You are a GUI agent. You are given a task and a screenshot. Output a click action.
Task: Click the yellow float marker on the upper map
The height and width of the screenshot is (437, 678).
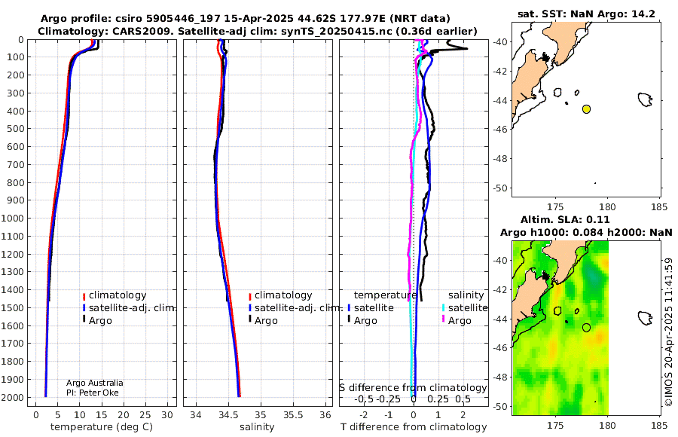pyautogui.click(x=586, y=109)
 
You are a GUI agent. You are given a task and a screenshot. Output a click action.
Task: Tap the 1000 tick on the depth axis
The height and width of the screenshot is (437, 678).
pyautogui.click(x=13, y=218)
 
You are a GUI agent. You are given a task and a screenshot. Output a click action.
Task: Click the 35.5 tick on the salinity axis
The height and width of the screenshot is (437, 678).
pyautogui.click(x=293, y=415)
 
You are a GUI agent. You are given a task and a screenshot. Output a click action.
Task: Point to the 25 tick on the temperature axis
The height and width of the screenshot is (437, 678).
pyautogui.click(x=145, y=415)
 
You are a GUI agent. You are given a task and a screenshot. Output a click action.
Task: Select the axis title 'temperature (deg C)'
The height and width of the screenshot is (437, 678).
pyautogui.click(x=102, y=427)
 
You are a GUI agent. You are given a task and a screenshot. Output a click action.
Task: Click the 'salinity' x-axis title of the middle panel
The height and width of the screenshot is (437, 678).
pyautogui.click(x=257, y=427)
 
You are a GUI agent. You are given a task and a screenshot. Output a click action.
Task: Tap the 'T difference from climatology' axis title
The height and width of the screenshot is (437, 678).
pyautogui.click(x=414, y=427)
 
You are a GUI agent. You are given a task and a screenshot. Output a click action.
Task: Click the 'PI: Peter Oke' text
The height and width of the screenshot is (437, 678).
pyautogui.click(x=93, y=393)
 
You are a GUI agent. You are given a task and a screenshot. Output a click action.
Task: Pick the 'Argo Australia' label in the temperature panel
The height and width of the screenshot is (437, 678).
pyautogui.click(x=95, y=383)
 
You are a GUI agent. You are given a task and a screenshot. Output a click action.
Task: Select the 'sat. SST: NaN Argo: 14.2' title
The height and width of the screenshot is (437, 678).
pyautogui.click(x=586, y=14)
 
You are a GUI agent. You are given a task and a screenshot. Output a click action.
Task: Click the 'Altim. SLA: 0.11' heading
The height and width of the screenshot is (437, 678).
pyautogui.click(x=565, y=219)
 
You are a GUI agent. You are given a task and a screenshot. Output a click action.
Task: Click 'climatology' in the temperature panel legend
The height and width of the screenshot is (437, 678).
pyautogui.click(x=118, y=295)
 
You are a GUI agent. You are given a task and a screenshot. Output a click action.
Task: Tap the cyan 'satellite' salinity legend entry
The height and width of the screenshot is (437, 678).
pyautogui.click(x=468, y=308)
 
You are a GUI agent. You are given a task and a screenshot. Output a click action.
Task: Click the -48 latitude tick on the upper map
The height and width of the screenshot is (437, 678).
pyautogui.click(x=501, y=159)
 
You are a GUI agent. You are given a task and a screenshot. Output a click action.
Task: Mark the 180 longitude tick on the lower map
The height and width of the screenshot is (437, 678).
pyautogui.click(x=607, y=425)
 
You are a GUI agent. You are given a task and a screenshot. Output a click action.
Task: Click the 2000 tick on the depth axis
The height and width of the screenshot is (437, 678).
pyautogui.click(x=13, y=397)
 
